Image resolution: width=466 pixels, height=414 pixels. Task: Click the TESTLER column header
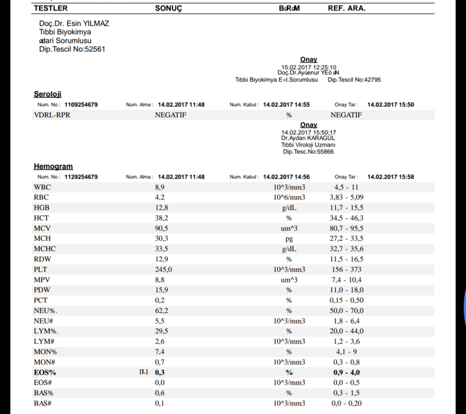coord(50,8)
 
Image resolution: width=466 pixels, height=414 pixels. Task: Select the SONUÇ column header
coord(169,8)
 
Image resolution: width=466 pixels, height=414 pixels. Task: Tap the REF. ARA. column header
coord(347,8)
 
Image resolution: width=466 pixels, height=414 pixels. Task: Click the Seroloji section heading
coord(48,94)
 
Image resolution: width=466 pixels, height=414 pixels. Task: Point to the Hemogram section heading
coord(53,166)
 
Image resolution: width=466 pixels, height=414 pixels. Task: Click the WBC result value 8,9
coord(160,187)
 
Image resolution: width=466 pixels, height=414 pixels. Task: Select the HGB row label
coord(42,208)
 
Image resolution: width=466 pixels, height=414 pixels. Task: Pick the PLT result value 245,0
coord(164,270)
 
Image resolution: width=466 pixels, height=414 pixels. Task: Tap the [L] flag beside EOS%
coord(144,372)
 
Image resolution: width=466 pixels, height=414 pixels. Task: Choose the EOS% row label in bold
coord(45,373)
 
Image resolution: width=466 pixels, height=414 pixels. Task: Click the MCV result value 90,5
coord(162,229)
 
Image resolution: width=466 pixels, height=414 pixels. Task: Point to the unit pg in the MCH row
coord(289,239)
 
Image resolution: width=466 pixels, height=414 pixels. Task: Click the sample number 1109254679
coord(81,104)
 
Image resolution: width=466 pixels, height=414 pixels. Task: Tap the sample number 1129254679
coord(81,177)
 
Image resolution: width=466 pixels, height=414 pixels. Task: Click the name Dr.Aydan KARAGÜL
coord(308,138)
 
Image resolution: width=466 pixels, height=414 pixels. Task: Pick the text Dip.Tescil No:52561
coord(73,50)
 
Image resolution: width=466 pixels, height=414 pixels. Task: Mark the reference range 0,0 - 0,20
coord(347,403)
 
